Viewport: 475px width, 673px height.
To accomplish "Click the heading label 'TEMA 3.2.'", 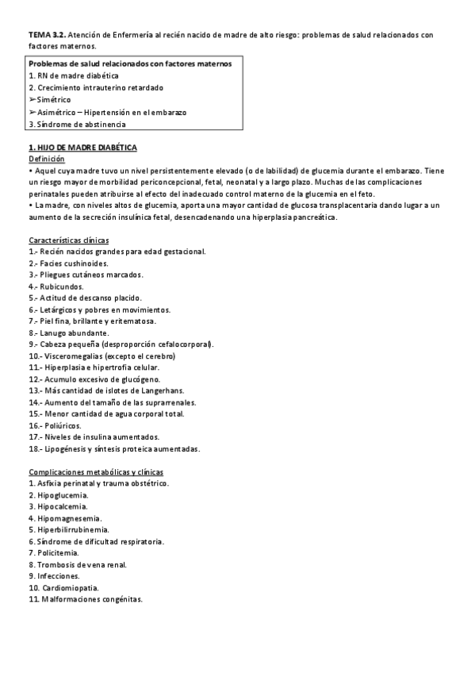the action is (46, 35).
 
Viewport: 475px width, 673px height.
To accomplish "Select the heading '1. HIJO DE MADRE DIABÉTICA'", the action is (82, 148).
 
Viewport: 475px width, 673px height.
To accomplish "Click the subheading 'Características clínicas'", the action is (69, 240).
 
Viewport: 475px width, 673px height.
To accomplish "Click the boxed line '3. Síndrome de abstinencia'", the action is (76, 124).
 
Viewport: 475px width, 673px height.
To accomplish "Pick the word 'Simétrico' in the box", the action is (52, 100).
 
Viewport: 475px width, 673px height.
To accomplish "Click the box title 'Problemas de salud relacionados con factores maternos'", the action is (130, 63).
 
